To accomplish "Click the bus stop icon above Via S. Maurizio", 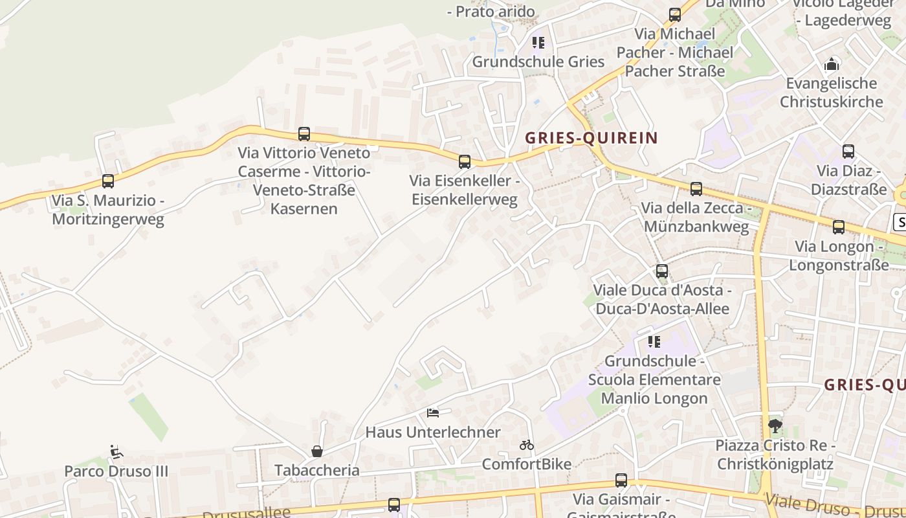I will (108, 181).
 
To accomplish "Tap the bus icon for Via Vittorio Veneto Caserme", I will (304, 134).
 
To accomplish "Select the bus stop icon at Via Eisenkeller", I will (465, 162).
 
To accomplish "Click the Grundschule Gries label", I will (538, 62).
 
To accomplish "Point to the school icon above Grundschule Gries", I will (538, 43).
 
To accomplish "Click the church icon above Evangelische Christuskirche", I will (832, 64).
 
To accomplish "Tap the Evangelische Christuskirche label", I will (832, 93).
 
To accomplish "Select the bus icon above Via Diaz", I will (848, 152).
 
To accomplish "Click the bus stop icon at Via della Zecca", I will (696, 189).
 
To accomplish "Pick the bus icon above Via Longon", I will (839, 227).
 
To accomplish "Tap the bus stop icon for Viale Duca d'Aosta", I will (662, 271).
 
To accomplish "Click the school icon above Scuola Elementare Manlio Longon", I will (654, 341).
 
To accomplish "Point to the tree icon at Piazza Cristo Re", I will (775, 426).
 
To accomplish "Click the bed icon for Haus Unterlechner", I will (433, 412).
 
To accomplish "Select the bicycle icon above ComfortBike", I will (527, 445).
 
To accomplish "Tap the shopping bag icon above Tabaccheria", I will (317, 451).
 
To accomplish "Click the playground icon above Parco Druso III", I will (116, 451).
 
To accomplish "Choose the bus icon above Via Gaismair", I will (621, 480).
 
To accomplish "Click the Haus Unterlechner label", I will (433, 432).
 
